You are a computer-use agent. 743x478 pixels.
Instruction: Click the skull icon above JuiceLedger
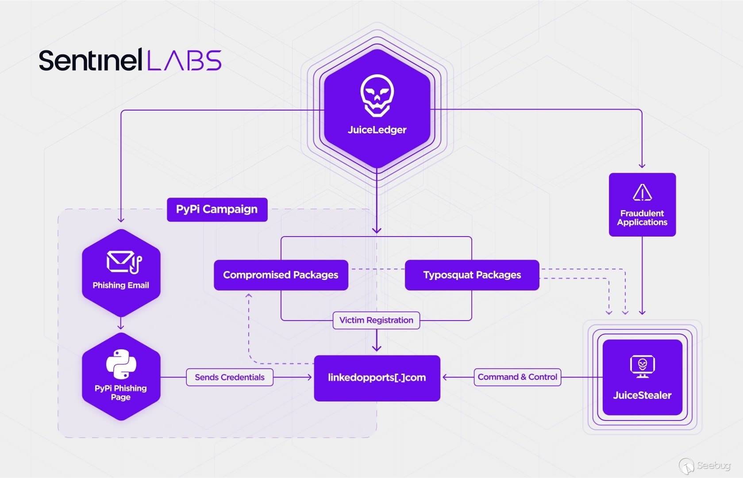point(377,95)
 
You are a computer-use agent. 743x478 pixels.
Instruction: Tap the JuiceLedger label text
point(377,130)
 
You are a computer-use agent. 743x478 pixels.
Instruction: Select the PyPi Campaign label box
point(217,209)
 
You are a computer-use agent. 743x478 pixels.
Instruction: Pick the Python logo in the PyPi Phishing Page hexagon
point(121,364)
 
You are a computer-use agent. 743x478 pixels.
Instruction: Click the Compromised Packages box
point(281,275)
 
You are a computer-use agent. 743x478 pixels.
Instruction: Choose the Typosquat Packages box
point(472,275)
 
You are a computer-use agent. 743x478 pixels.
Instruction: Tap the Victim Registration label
point(376,320)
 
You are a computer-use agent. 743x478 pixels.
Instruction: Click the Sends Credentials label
point(229,377)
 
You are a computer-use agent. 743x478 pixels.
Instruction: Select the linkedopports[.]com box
point(377,378)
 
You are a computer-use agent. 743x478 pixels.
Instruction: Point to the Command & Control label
point(517,377)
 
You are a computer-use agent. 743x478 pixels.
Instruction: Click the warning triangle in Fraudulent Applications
point(642,193)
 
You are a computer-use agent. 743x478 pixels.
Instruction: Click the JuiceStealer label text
point(642,395)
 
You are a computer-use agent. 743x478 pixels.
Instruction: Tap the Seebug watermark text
point(713,465)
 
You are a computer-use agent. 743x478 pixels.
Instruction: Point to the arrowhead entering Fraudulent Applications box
point(642,165)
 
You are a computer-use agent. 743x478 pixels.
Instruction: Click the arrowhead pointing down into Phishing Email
point(121,219)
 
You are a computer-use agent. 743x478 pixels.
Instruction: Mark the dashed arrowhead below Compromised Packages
point(249,295)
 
